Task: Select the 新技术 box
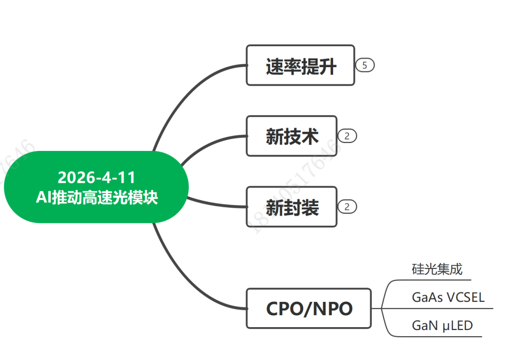[291, 136]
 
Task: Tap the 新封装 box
[291, 207]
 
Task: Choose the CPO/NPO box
[309, 308]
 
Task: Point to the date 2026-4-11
[97, 177]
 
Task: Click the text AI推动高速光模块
[97, 197]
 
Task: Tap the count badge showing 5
[365, 65]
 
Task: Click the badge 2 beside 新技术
[347, 136]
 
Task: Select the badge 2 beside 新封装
[347, 207]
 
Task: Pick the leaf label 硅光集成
[437, 270]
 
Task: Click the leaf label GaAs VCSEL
[448, 298]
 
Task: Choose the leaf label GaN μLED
[442, 326]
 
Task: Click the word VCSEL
[466, 298]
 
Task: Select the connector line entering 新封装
[219, 204]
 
